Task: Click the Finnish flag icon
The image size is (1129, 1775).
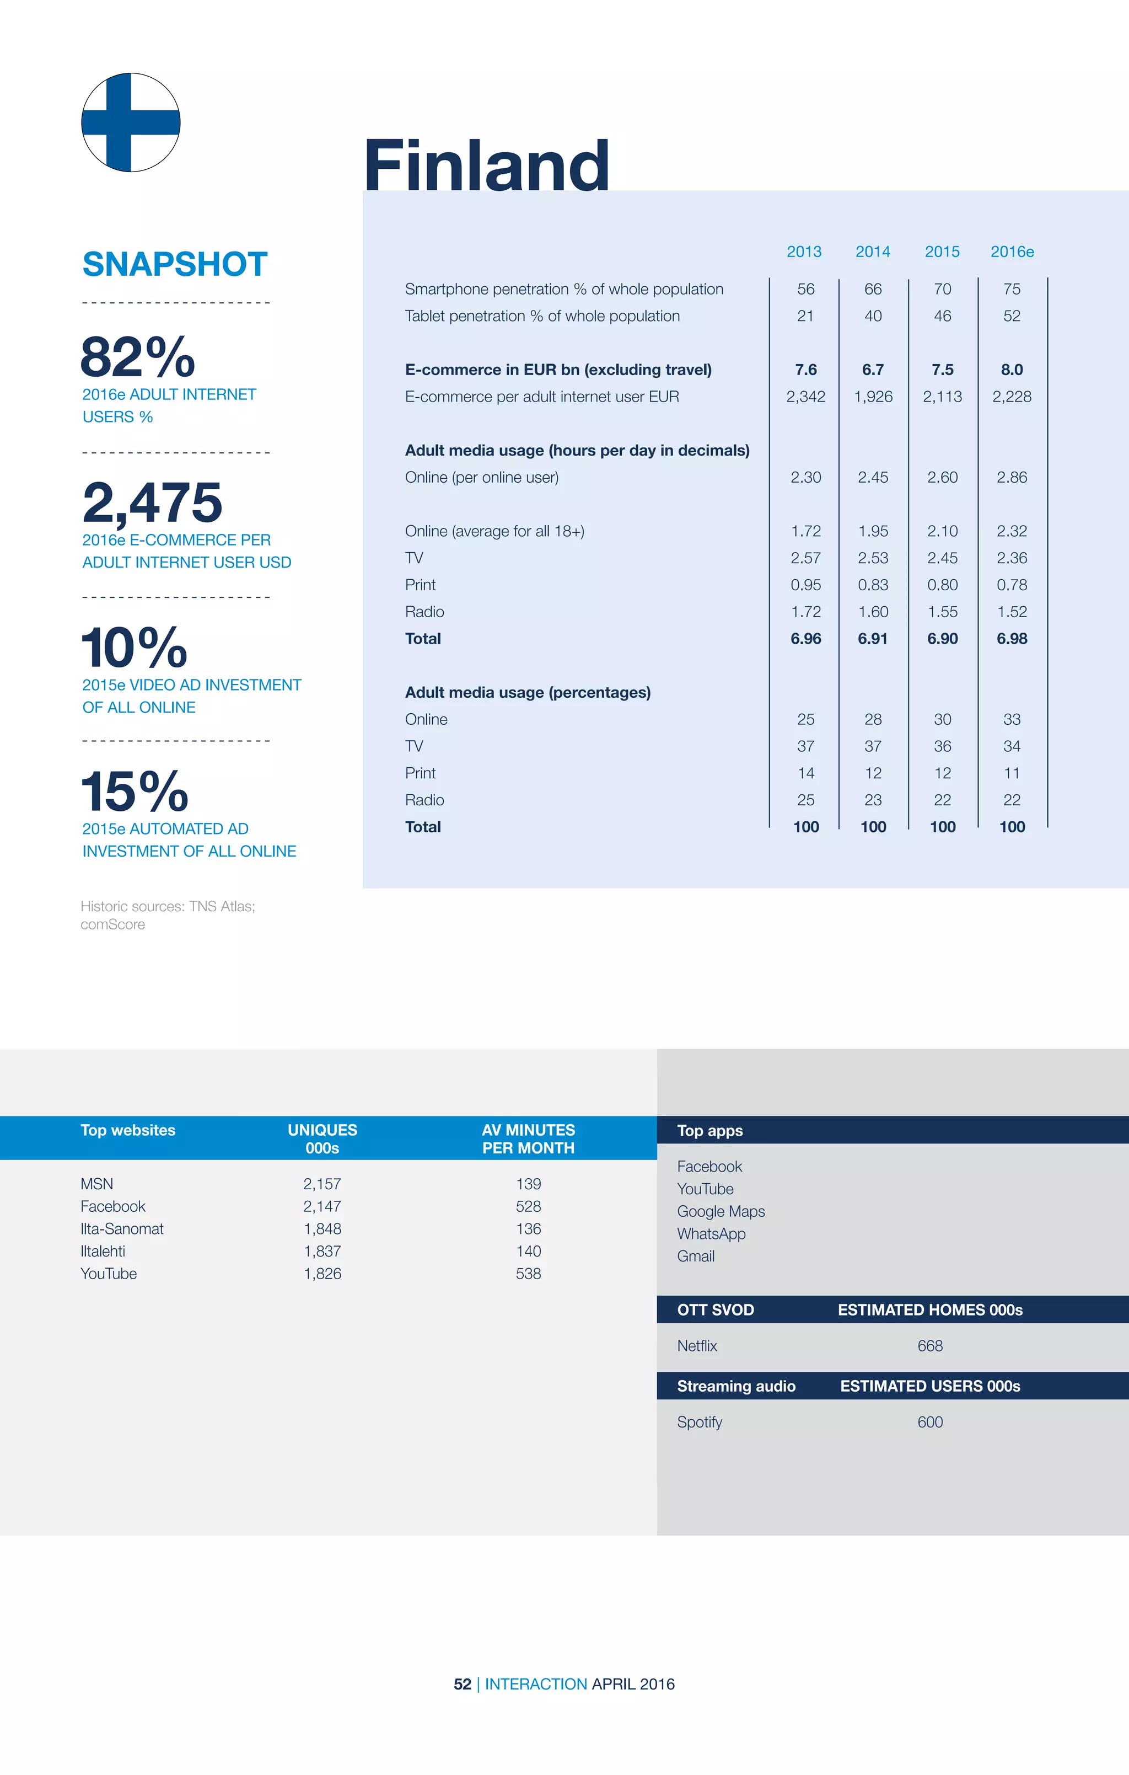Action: [x=131, y=122]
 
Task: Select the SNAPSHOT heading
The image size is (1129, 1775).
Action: [x=175, y=264]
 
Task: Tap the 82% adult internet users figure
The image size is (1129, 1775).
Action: [x=138, y=357]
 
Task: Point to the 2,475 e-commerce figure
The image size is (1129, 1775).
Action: [x=153, y=502]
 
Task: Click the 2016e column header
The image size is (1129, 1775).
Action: [x=1012, y=252]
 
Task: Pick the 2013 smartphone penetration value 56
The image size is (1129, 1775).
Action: [x=805, y=289]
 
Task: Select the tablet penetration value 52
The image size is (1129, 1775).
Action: [x=1012, y=316]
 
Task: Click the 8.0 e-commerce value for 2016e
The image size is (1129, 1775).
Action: [x=1012, y=370]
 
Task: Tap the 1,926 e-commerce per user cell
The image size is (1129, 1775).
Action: [x=873, y=397]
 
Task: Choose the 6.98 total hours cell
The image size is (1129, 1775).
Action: [x=1012, y=639]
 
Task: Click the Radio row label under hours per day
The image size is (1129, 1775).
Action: [x=424, y=612]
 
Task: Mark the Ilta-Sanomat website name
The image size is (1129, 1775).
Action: [x=122, y=1229]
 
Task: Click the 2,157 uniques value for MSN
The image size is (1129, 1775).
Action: [x=322, y=1184]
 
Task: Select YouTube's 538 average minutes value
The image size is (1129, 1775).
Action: [x=528, y=1274]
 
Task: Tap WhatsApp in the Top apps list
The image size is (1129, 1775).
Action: [x=711, y=1234]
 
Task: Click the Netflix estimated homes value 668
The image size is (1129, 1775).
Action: [x=930, y=1346]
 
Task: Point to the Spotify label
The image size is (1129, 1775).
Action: [x=700, y=1422]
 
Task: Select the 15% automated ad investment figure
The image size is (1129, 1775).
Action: [x=135, y=791]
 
